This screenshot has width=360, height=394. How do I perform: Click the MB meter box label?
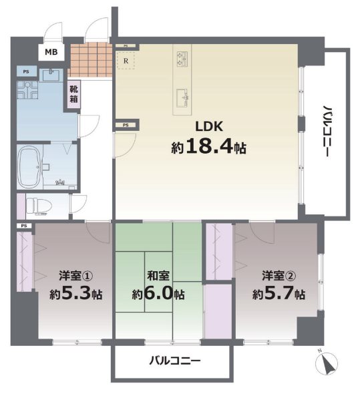(x=51, y=52)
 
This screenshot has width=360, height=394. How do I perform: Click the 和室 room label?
(x=157, y=274)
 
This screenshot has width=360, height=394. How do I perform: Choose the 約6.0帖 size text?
(x=157, y=293)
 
